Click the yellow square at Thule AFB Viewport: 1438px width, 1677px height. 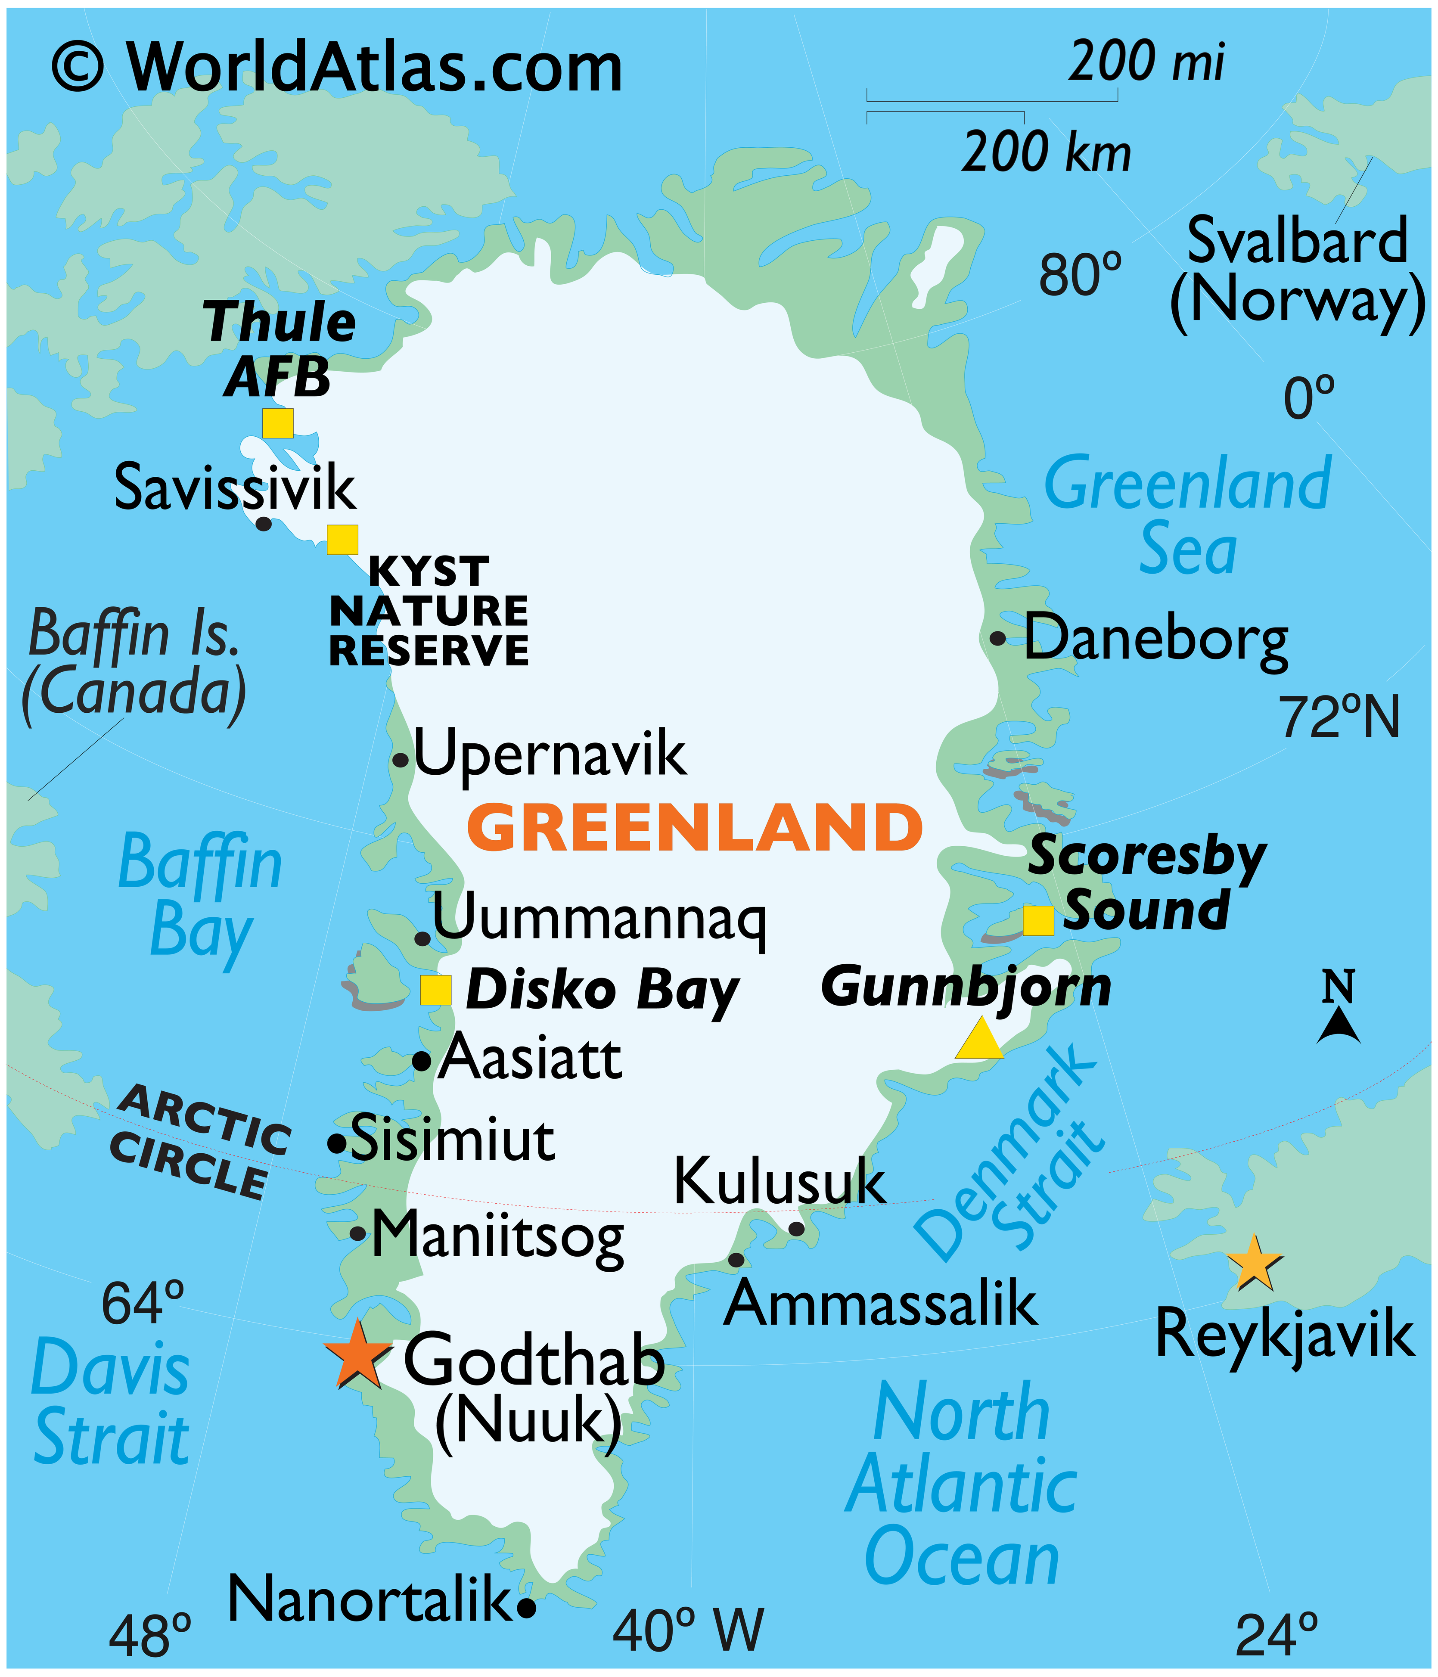coord(278,422)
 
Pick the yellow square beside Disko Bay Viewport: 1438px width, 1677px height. coord(435,990)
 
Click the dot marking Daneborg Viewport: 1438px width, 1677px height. coord(998,638)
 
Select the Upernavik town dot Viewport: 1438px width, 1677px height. coord(400,760)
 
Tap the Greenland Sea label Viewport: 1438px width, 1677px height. coord(1187,516)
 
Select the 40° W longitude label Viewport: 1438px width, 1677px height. coord(688,1628)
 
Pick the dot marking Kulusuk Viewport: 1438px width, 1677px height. coord(796,1229)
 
